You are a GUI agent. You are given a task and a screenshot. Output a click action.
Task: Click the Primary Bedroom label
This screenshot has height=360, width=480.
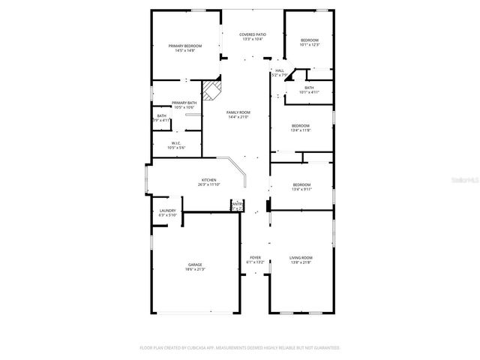point(184,46)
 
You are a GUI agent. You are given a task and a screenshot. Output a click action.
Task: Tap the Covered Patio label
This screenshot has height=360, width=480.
point(253,34)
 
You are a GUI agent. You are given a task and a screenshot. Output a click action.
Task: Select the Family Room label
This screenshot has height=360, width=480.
point(238,112)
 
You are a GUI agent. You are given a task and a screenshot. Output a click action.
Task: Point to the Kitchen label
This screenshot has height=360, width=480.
point(208,179)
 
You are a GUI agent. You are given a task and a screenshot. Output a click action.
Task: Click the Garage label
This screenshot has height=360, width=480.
point(195,264)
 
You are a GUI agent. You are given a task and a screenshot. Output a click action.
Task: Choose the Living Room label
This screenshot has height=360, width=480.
point(301,257)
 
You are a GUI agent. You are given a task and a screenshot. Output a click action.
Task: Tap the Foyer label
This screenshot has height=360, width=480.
point(255,257)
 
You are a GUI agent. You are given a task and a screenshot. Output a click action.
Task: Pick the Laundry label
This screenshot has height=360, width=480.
point(167,211)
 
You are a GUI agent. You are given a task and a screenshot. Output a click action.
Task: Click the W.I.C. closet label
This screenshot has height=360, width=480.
point(176,143)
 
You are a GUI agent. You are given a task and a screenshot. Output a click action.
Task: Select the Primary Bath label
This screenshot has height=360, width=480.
point(184,103)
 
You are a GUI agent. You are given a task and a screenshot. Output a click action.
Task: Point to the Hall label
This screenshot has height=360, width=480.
point(279,70)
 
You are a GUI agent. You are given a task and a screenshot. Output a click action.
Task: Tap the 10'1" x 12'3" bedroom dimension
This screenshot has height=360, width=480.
point(310,45)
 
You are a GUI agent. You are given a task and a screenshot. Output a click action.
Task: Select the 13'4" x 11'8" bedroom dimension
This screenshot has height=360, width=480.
point(301,130)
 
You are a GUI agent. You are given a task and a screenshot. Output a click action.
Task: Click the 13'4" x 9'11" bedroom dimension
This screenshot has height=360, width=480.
point(301,189)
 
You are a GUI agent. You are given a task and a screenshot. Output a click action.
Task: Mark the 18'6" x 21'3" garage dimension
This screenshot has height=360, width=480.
point(195,269)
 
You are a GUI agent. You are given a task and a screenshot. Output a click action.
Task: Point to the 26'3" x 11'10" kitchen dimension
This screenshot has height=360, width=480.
point(208,184)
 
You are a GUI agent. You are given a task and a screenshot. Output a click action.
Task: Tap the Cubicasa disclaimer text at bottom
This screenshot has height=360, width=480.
point(240,348)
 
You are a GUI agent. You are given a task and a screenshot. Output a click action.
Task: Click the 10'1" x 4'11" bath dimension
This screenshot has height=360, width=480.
point(309,92)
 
